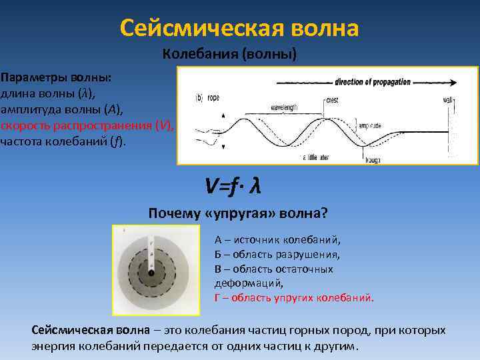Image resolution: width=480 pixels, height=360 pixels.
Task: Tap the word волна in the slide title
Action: [326, 28]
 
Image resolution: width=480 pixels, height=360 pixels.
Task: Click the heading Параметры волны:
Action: [56, 77]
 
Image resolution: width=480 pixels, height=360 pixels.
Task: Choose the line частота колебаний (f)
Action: [63, 141]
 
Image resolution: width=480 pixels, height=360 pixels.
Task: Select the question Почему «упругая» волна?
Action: [237, 213]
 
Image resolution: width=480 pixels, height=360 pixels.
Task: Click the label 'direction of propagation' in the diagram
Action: [370, 83]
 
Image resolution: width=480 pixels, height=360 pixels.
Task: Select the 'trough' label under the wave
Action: [373, 160]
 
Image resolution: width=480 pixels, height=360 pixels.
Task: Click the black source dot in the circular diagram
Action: [151, 273]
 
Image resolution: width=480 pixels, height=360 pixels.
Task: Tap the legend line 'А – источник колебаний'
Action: [277, 240]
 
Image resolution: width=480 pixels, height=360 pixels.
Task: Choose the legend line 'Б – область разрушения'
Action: [277, 255]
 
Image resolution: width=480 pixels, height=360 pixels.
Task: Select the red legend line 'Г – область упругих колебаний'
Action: [294, 298]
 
